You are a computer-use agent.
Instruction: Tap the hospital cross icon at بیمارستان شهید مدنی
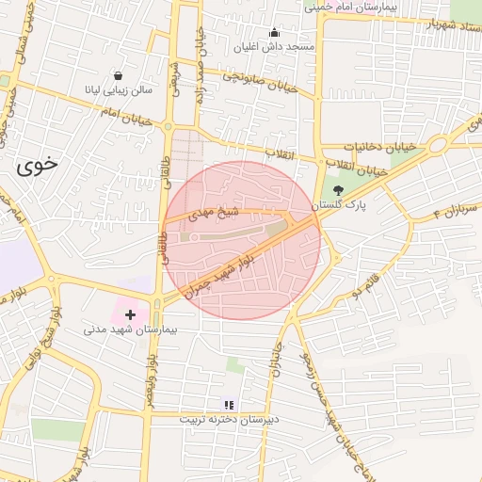130,313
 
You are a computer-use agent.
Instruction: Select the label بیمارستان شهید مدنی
130,330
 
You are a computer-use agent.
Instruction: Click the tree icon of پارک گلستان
337,190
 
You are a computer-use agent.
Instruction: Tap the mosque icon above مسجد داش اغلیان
274,32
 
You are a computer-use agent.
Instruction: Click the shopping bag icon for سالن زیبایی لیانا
118,76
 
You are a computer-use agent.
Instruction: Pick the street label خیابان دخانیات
379,148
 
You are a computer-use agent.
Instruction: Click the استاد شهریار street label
432,24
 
